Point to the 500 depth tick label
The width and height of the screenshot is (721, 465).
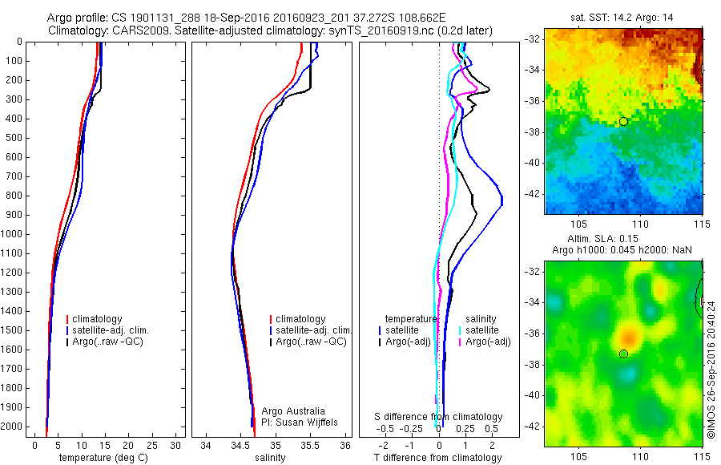[x=14, y=138]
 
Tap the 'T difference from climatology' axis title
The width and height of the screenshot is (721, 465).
[x=437, y=458]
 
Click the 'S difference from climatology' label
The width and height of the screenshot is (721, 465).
[x=439, y=417]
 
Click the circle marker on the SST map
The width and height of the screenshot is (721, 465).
[x=622, y=121]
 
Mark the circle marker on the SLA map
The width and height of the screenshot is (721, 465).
[x=623, y=354]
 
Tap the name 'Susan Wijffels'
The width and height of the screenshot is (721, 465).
[x=308, y=422]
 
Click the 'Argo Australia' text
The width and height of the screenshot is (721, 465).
[x=294, y=411]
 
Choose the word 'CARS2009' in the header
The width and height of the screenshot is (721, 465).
[x=137, y=30]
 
